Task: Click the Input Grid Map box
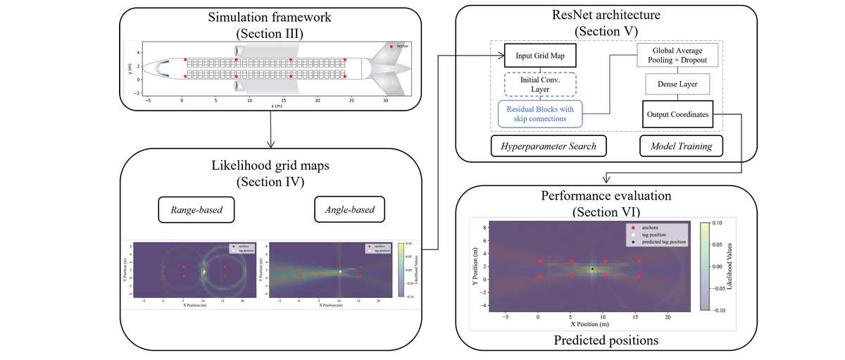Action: click(x=539, y=54)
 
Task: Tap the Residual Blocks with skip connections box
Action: click(x=541, y=113)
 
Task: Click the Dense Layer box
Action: click(x=677, y=85)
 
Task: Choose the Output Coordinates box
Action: click(x=677, y=114)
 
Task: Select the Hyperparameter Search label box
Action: click(x=539, y=146)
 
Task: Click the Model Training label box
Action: click(x=676, y=146)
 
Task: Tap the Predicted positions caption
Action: click(x=606, y=340)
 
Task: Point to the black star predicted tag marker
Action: click(x=592, y=269)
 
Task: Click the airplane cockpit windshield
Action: click(x=161, y=68)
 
